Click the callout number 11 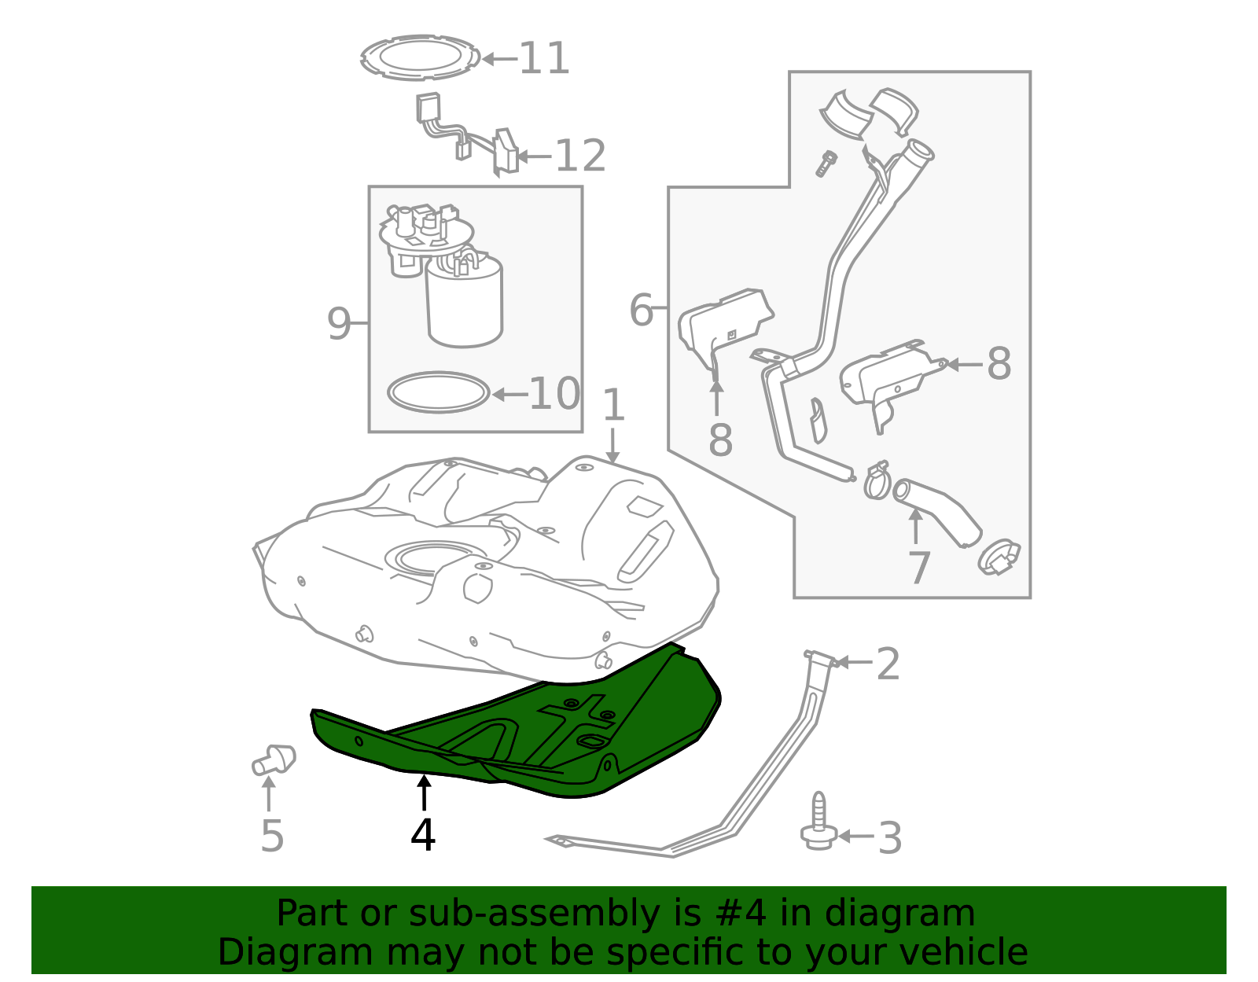point(544,58)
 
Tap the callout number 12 point(581,156)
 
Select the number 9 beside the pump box point(339,323)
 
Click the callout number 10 point(554,394)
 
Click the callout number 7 point(919,568)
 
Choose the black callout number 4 point(423,834)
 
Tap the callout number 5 point(272,836)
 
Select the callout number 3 point(890,837)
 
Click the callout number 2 point(888,664)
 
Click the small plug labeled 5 point(274,759)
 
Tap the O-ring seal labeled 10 point(439,392)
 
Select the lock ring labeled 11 point(421,57)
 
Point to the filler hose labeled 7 point(936,511)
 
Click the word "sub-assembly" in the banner point(535,913)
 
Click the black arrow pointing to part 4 point(425,793)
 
